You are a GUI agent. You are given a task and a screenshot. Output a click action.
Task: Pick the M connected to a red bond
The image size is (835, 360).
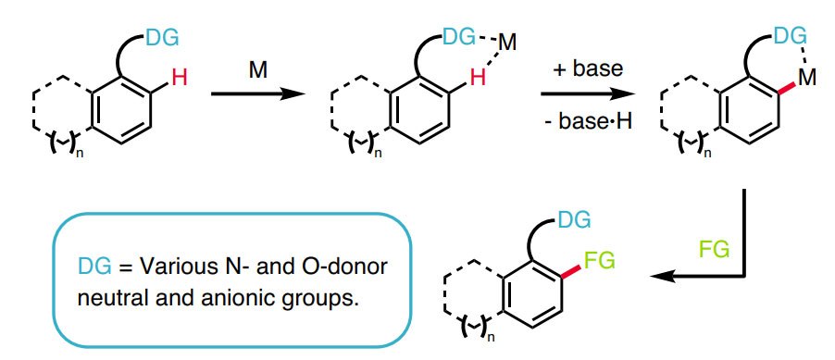[805, 79]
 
